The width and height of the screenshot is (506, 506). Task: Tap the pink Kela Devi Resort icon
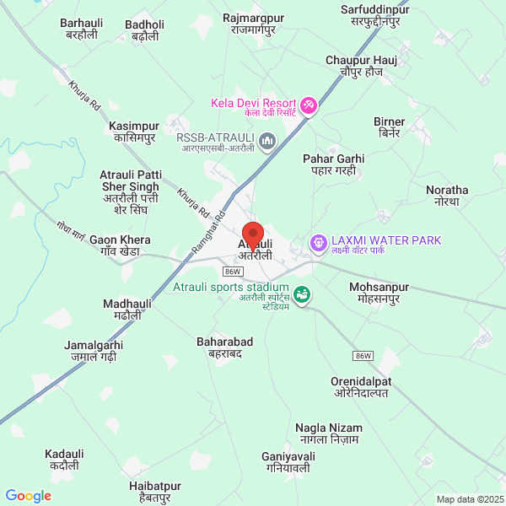[x=309, y=105]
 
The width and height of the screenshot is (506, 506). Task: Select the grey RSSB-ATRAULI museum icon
[x=267, y=139]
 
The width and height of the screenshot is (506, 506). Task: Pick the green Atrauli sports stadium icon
[x=302, y=294]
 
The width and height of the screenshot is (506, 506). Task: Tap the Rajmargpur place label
[x=254, y=23]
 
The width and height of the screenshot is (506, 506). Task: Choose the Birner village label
[x=390, y=127]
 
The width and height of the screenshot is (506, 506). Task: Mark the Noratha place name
[x=447, y=196]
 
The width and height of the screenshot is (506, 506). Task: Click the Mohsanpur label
[x=379, y=293]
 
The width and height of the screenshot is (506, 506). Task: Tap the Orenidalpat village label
[x=361, y=387]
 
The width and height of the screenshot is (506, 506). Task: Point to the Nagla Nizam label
[x=328, y=433]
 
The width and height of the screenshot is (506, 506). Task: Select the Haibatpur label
[x=155, y=492]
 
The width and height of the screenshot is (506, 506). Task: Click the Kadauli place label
[x=65, y=459]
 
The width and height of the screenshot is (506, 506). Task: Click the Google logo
[x=28, y=496]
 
